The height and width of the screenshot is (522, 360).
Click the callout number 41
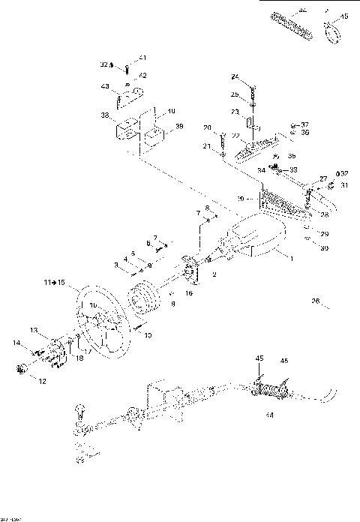point(142,58)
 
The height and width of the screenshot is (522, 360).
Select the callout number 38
point(104,116)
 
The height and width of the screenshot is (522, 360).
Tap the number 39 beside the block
point(178,127)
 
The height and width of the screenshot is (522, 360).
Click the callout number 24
point(234,77)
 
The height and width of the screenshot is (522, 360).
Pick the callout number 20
point(208,127)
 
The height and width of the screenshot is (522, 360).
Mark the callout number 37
point(304,124)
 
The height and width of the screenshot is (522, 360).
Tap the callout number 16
point(189,293)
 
